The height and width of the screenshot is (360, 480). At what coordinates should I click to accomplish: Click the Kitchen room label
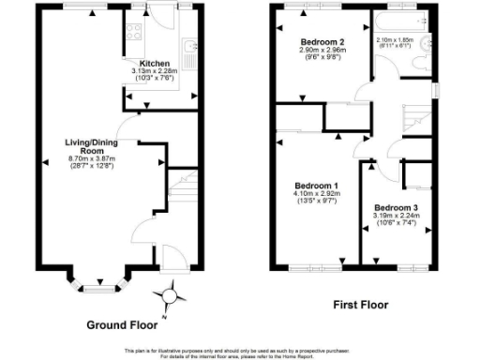click(x=155, y=63)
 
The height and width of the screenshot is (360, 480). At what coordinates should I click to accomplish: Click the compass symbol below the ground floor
click(x=170, y=298)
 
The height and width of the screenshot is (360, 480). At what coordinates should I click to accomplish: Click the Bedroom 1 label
click(x=316, y=186)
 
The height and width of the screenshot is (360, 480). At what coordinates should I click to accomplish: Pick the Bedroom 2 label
click(x=322, y=43)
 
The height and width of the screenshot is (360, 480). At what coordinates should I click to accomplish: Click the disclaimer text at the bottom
click(x=240, y=353)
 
